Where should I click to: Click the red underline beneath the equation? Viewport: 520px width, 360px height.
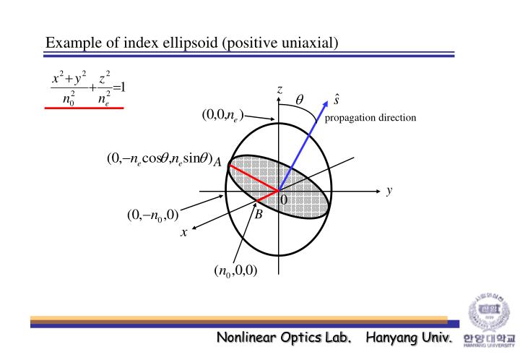point(84,107)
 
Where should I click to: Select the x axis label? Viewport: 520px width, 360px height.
point(184,232)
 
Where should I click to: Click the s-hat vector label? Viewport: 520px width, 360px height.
point(337,99)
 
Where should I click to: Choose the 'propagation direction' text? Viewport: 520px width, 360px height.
point(370,118)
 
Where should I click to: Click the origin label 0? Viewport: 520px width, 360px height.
point(284,199)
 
